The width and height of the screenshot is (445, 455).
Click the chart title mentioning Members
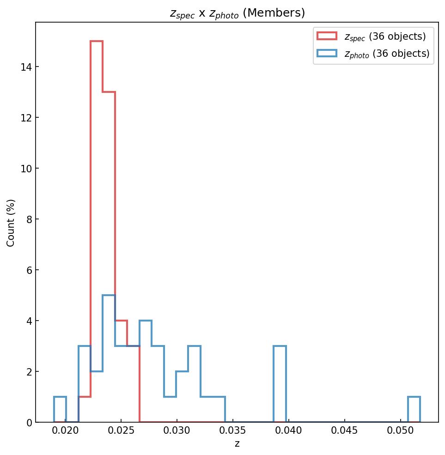coord(237,13)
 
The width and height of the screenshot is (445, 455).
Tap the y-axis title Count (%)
coord(11,223)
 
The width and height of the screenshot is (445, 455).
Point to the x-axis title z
coord(237,444)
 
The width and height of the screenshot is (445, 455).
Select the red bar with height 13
coord(109,185)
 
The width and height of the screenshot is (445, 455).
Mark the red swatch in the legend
coord(327,36)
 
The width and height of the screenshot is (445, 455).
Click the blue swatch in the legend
coord(327,54)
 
